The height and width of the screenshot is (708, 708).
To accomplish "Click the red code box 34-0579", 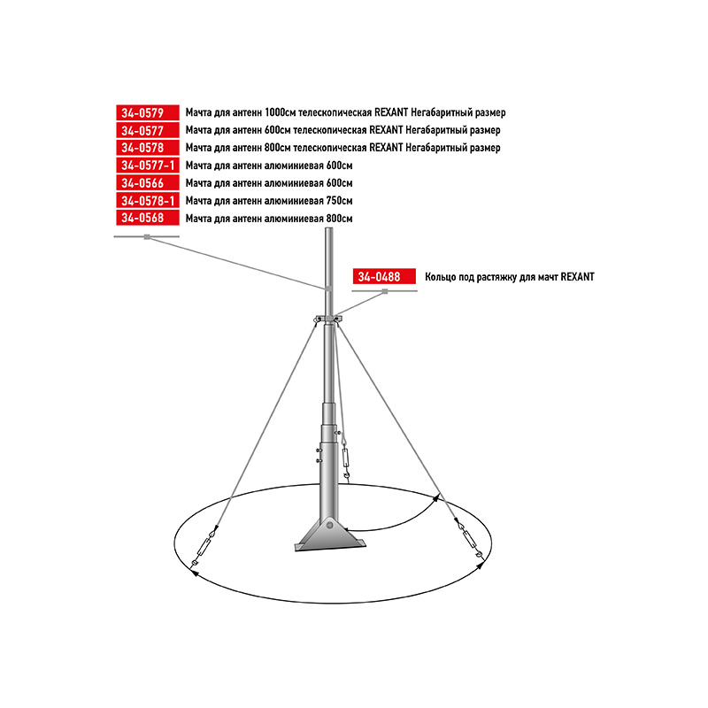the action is pos(148,112).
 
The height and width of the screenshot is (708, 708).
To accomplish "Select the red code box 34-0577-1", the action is pos(148,165).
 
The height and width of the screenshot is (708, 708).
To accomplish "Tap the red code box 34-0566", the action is pos(148,183).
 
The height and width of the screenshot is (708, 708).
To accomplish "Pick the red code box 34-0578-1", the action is pos(148,201).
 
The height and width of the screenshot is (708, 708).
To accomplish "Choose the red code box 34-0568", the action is pos(148,218).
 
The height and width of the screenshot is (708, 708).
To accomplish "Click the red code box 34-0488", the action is pos(384,276).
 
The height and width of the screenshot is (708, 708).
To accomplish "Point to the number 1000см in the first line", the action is pos(280,112).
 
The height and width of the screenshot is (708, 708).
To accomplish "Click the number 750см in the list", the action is pos(339,201).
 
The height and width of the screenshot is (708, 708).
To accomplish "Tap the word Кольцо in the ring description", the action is pos(440,277).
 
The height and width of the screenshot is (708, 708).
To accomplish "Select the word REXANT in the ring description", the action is pos(578,277).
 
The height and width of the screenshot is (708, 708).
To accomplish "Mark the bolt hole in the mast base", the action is pos(330,525).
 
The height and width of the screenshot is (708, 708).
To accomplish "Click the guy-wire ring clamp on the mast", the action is pos(328,319).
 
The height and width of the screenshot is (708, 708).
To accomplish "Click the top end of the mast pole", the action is pos(329,228).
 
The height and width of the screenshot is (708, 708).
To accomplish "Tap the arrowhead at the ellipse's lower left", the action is pos(194,573).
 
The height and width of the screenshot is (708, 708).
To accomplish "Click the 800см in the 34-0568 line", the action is pos(339,218).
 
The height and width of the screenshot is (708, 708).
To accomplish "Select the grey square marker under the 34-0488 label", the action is pos(385,292).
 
